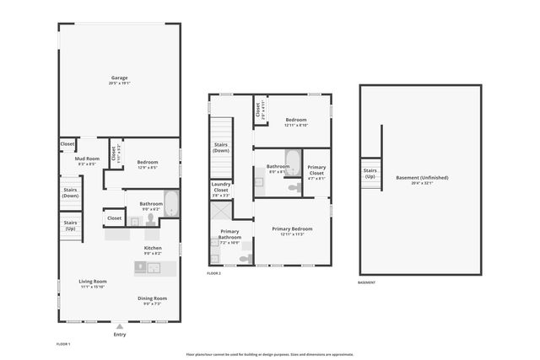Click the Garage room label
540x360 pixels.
pos(118,78)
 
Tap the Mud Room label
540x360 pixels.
pos(88,159)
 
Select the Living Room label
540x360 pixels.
pos(93,282)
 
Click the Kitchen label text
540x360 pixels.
pos(153,248)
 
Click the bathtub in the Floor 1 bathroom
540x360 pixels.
pos(170,204)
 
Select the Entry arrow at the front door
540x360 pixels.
pos(120,325)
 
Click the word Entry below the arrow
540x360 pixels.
pos(120,335)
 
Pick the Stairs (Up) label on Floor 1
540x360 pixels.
pos(70,226)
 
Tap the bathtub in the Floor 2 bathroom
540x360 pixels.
pos(293,160)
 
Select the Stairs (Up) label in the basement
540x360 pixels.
pos(370,174)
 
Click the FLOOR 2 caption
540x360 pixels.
pos(214,273)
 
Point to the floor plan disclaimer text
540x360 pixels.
pos(269,354)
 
